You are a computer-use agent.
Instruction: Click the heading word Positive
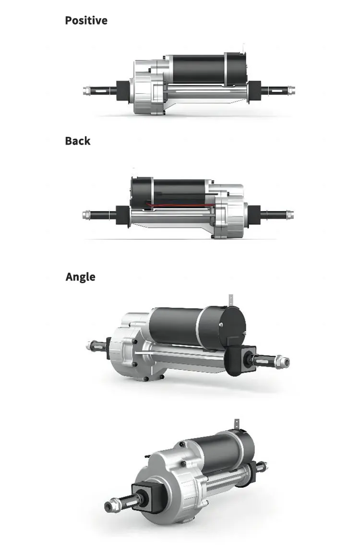click(86, 21)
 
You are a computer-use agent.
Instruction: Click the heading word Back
click(77, 141)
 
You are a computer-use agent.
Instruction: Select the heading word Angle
click(80, 277)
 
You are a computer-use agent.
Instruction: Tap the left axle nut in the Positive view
click(87, 90)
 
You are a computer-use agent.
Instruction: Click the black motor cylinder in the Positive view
click(197, 69)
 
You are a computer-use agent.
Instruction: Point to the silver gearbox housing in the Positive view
click(147, 89)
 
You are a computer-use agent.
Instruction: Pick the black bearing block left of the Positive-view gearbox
click(123, 90)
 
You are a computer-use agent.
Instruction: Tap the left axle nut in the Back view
click(86, 215)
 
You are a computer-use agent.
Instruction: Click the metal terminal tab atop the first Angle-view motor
click(232, 299)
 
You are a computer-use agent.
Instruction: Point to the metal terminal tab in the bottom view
click(236, 423)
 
